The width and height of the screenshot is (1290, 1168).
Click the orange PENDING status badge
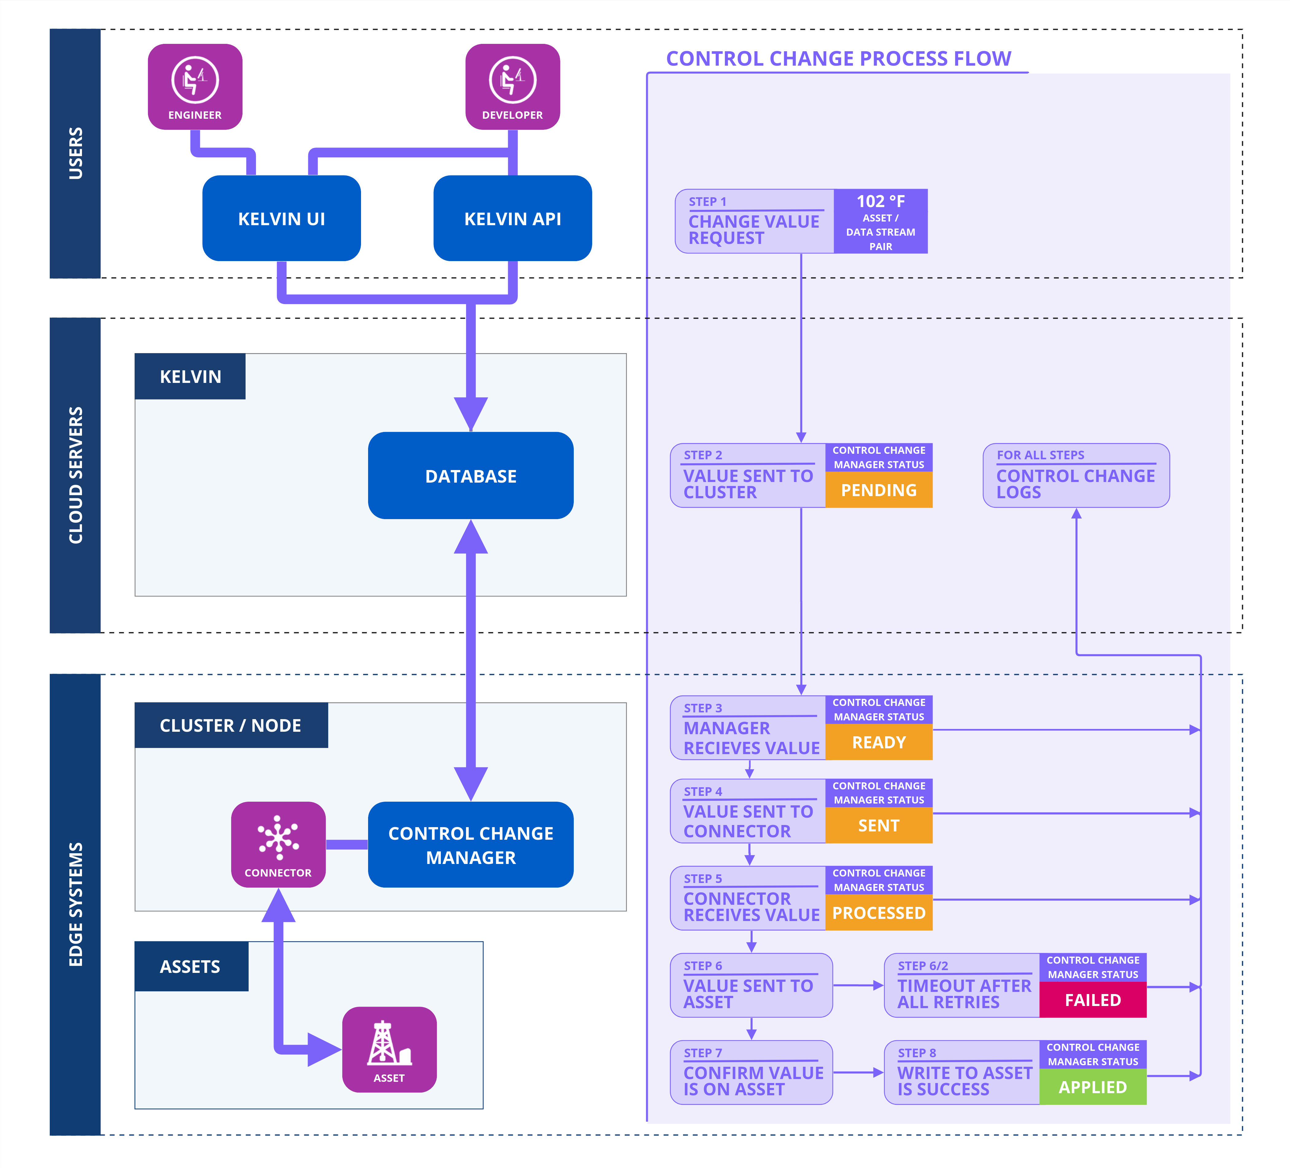pos(879,490)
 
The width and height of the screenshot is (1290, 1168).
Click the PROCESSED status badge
pos(879,913)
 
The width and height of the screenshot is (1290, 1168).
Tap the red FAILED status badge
pos(1092,1000)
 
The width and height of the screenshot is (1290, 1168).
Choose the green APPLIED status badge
pos(1092,1087)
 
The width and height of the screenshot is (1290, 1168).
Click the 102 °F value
pos(880,202)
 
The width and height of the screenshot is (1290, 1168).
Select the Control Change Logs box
pos(1076,475)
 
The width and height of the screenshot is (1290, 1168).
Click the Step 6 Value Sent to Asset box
pos(751,985)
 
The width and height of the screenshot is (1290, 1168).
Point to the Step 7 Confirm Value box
pos(751,1072)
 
